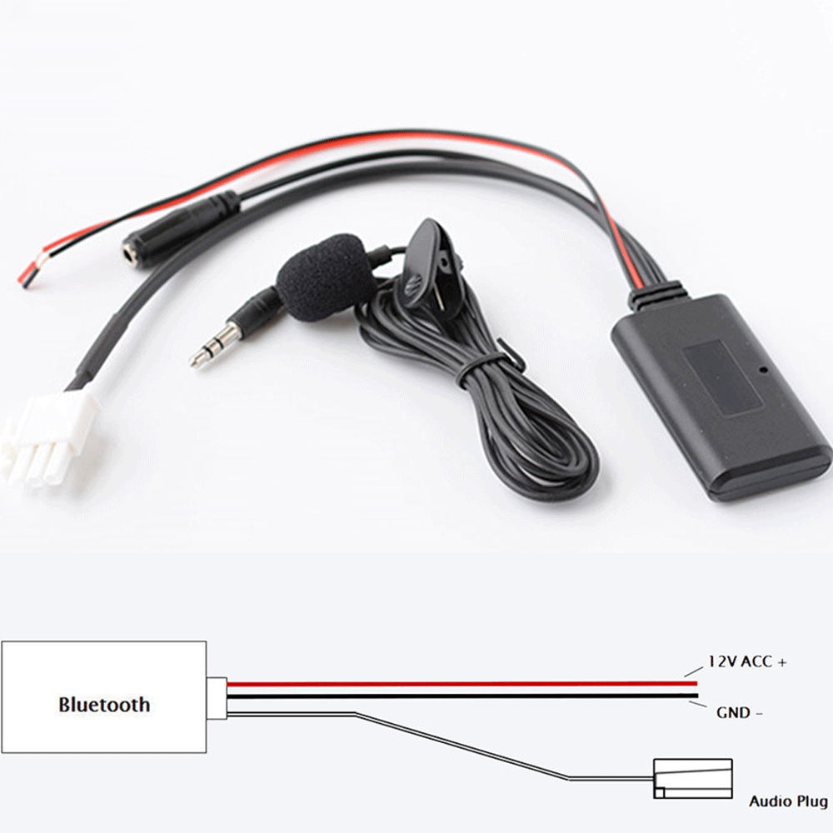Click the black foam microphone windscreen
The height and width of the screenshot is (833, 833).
pyautogui.click(x=325, y=277)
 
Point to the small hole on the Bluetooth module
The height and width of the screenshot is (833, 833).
pyautogui.click(x=764, y=369)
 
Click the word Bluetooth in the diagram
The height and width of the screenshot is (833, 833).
pyautogui.click(x=104, y=705)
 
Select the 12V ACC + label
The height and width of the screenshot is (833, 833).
pyautogui.click(x=747, y=662)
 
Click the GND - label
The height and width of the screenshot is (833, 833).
pyautogui.click(x=739, y=712)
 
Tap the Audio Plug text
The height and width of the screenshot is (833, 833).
pyautogui.click(x=788, y=801)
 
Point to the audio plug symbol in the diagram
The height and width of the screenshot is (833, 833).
pyautogui.click(x=693, y=779)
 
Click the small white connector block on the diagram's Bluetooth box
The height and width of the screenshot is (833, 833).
pyautogui.click(x=217, y=698)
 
